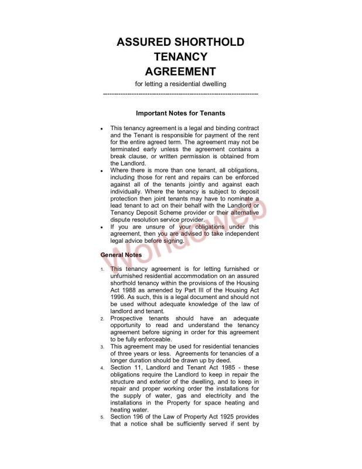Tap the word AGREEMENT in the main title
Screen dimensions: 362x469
(x=180, y=72)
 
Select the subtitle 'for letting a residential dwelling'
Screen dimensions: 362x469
(x=180, y=84)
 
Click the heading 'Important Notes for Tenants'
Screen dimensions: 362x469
(x=180, y=113)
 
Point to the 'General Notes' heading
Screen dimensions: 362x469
(x=121, y=255)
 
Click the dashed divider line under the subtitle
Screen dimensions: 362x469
(x=180, y=93)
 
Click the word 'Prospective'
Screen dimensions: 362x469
(x=130, y=318)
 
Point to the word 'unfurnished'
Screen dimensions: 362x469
(x=129, y=276)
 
